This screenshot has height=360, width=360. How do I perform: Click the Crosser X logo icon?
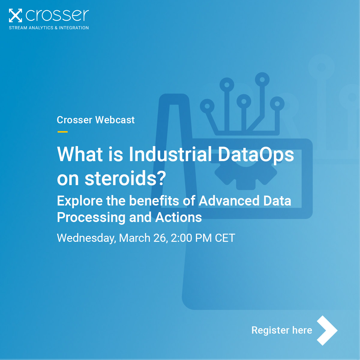coord(15,16)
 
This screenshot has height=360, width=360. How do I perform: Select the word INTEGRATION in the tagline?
coord(74,28)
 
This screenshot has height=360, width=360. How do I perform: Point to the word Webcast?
coord(115,120)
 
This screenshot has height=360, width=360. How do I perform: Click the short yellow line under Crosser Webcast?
coord(62,132)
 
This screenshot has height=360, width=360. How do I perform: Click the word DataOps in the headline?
coord(256,155)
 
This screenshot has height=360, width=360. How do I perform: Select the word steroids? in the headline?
coord(125,178)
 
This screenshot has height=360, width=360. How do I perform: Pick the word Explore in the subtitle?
coord(80,201)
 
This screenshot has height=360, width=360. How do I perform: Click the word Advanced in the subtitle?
coord(229,201)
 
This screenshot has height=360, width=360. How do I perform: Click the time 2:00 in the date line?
coord(181,238)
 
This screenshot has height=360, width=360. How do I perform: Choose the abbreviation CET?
coord(225,238)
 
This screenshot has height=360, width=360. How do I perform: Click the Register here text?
coord(282,330)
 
